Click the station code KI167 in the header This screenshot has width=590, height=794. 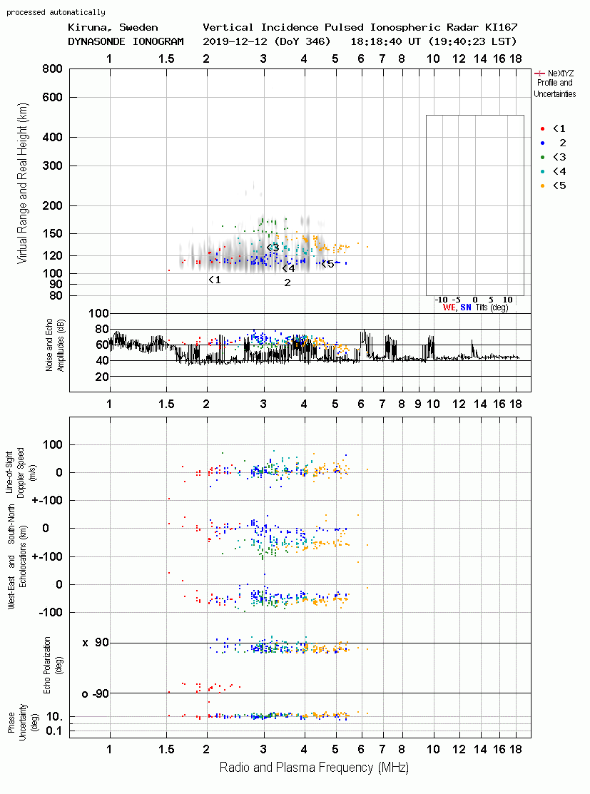(x=501, y=27)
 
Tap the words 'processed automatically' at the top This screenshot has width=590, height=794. (x=56, y=12)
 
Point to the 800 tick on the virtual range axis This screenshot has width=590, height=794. (x=52, y=69)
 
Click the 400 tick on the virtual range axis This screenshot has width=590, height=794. (x=52, y=137)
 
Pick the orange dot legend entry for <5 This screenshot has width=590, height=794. (x=542, y=186)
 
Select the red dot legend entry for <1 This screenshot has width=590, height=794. (x=542, y=129)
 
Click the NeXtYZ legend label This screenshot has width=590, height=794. (x=561, y=73)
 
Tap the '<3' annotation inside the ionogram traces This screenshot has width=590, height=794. (x=273, y=248)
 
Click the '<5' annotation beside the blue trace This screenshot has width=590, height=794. (x=327, y=264)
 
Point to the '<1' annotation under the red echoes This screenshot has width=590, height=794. (x=215, y=280)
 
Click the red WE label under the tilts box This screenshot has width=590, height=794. (x=449, y=307)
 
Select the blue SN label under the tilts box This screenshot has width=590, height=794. (x=466, y=307)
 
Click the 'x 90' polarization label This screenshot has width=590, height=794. (x=95, y=643)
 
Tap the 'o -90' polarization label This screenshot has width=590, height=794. (x=95, y=693)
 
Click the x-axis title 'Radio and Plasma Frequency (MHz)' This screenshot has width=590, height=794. (x=314, y=768)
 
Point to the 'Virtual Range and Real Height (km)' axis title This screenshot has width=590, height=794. (x=22, y=183)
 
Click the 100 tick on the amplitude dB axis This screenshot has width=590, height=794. (x=98, y=313)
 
